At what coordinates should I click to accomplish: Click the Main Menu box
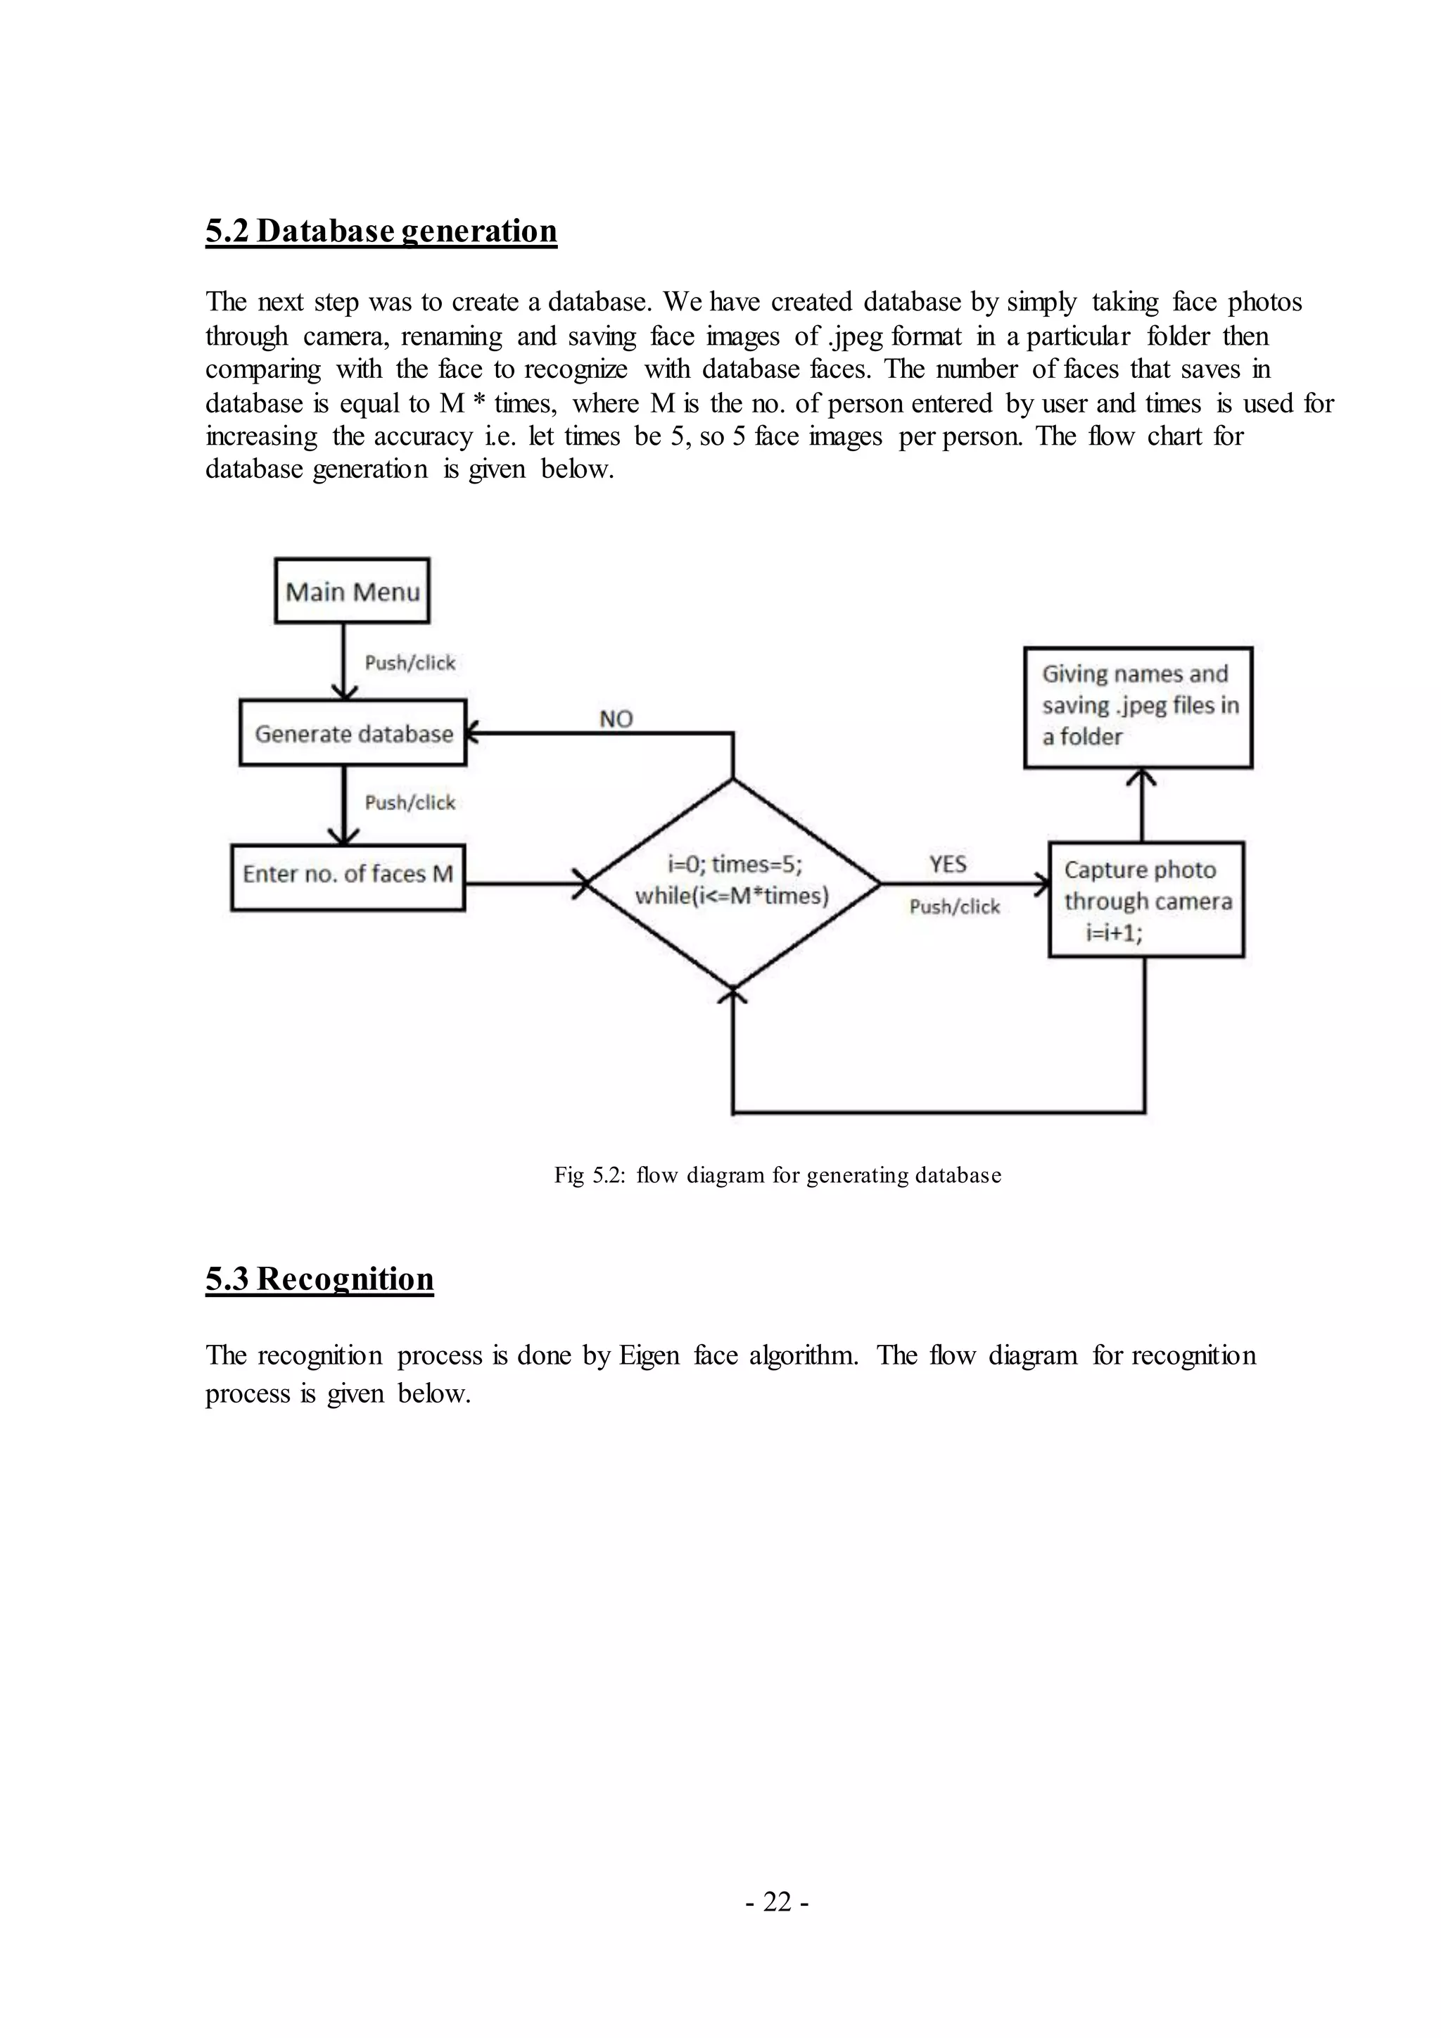click(353, 591)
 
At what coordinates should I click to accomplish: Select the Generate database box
click(353, 733)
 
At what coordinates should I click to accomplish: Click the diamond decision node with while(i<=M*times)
click(733, 883)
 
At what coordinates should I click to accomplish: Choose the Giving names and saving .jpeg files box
click(1138, 707)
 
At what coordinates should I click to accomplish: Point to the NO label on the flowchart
click(616, 719)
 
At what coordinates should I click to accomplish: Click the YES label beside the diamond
click(948, 863)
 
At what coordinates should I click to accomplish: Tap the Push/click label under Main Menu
click(410, 663)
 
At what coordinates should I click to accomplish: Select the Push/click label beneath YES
click(955, 906)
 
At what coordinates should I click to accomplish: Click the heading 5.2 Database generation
click(381, 231)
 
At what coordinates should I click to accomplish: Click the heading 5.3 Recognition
click(319, 1279)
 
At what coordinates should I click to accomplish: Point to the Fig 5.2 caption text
click(777, 1175)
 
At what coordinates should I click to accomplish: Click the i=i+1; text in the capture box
click(1114, 932)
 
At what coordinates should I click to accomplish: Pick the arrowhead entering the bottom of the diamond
click(733, 996)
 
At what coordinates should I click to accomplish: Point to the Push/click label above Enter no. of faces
click(410, 802)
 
